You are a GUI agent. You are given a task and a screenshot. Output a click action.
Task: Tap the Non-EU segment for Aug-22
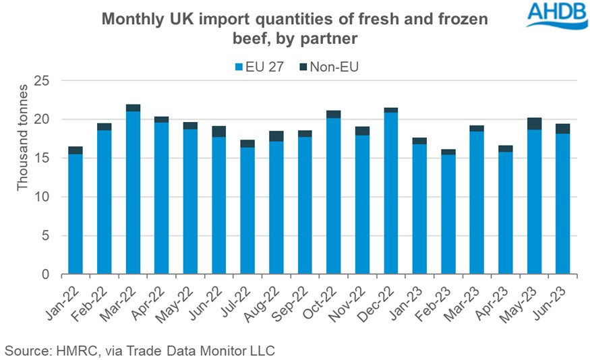click(x=276, y=136)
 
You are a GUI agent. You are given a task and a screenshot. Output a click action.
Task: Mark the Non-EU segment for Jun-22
click(x=218, y=131)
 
